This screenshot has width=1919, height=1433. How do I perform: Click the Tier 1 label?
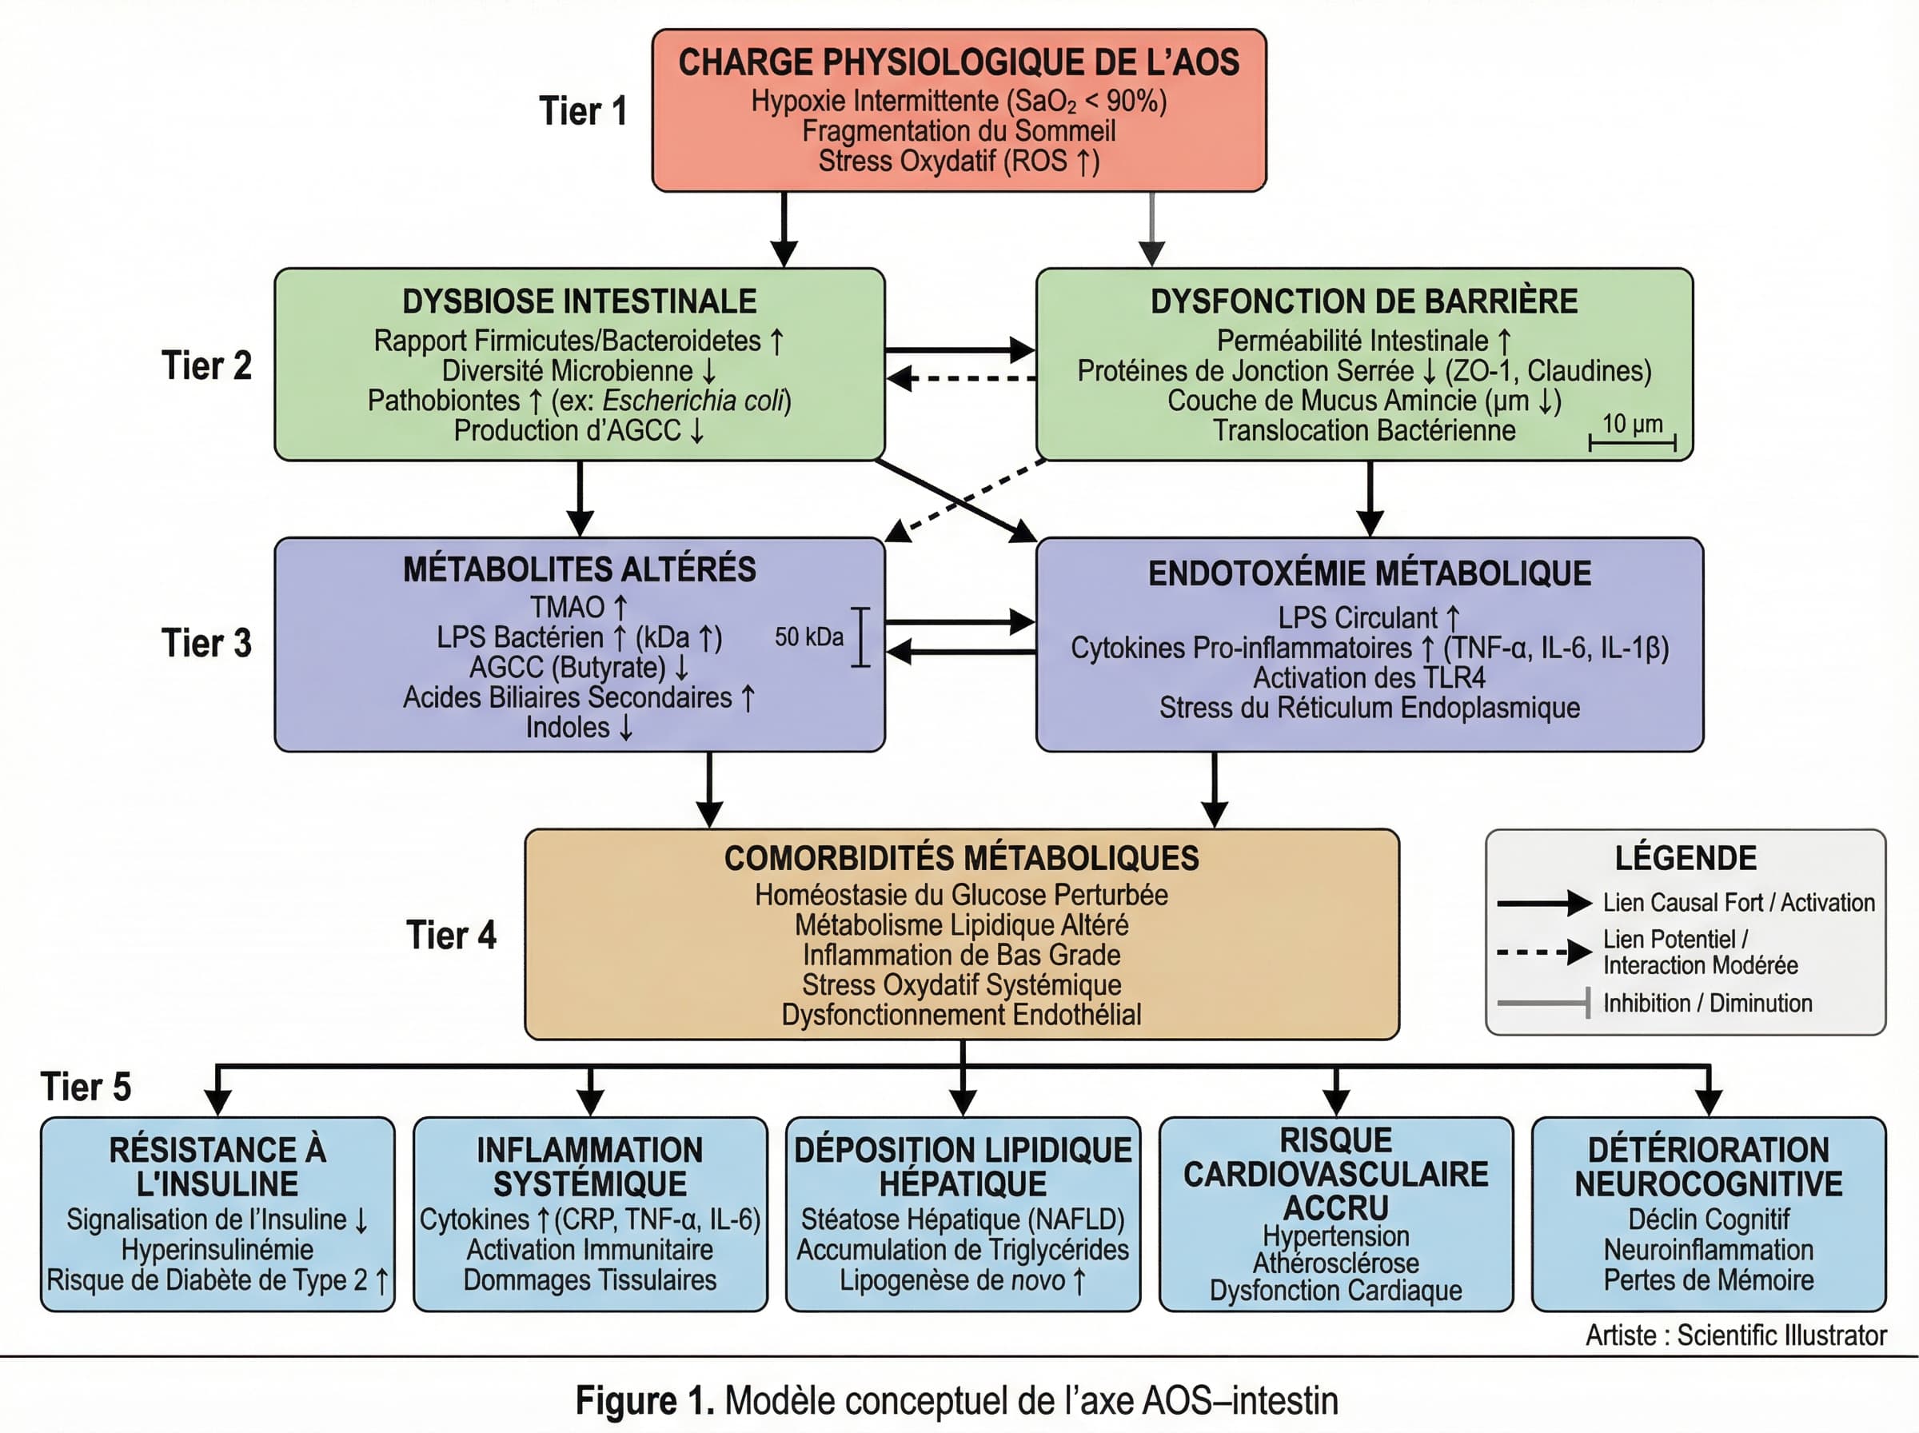583,111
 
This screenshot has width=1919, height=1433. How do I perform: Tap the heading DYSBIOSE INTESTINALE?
579,301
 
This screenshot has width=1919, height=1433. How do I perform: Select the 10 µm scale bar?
1632,441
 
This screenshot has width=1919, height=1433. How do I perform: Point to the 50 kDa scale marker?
860,637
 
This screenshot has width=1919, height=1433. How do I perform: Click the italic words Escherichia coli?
693,401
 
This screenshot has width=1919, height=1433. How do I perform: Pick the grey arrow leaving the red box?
1151,229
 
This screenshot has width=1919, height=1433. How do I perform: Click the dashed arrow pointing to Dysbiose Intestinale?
961,378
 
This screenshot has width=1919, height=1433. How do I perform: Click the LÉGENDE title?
1685,858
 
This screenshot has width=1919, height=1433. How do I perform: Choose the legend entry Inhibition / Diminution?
1706,1003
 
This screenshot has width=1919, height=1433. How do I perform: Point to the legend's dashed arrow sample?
1543,952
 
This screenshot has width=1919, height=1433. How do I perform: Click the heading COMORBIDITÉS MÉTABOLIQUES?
961,858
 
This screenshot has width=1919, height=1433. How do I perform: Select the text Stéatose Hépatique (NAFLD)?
962,1219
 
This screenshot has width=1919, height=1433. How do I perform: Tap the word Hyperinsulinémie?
217,1250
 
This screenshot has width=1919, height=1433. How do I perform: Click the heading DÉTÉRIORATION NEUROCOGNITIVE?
1707,1167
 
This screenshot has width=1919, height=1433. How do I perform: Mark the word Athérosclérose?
1335,1263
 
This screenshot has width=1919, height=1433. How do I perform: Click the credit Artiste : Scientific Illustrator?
1736,1335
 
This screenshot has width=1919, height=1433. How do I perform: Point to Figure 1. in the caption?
645,1401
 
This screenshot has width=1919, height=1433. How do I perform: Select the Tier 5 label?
85,1087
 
